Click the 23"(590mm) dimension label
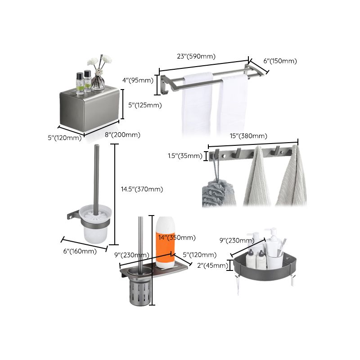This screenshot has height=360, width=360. pyautogui.click(x=196, y=57)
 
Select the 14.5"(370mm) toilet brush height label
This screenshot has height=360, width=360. pyautogui.click(x=142, y=189)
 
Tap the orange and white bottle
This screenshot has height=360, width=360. pyautogui.click(x=165, y=241)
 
